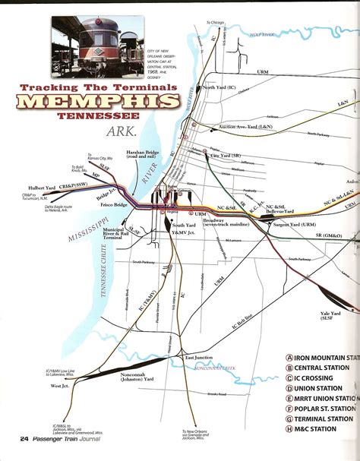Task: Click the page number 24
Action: (x=24, y=438)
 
